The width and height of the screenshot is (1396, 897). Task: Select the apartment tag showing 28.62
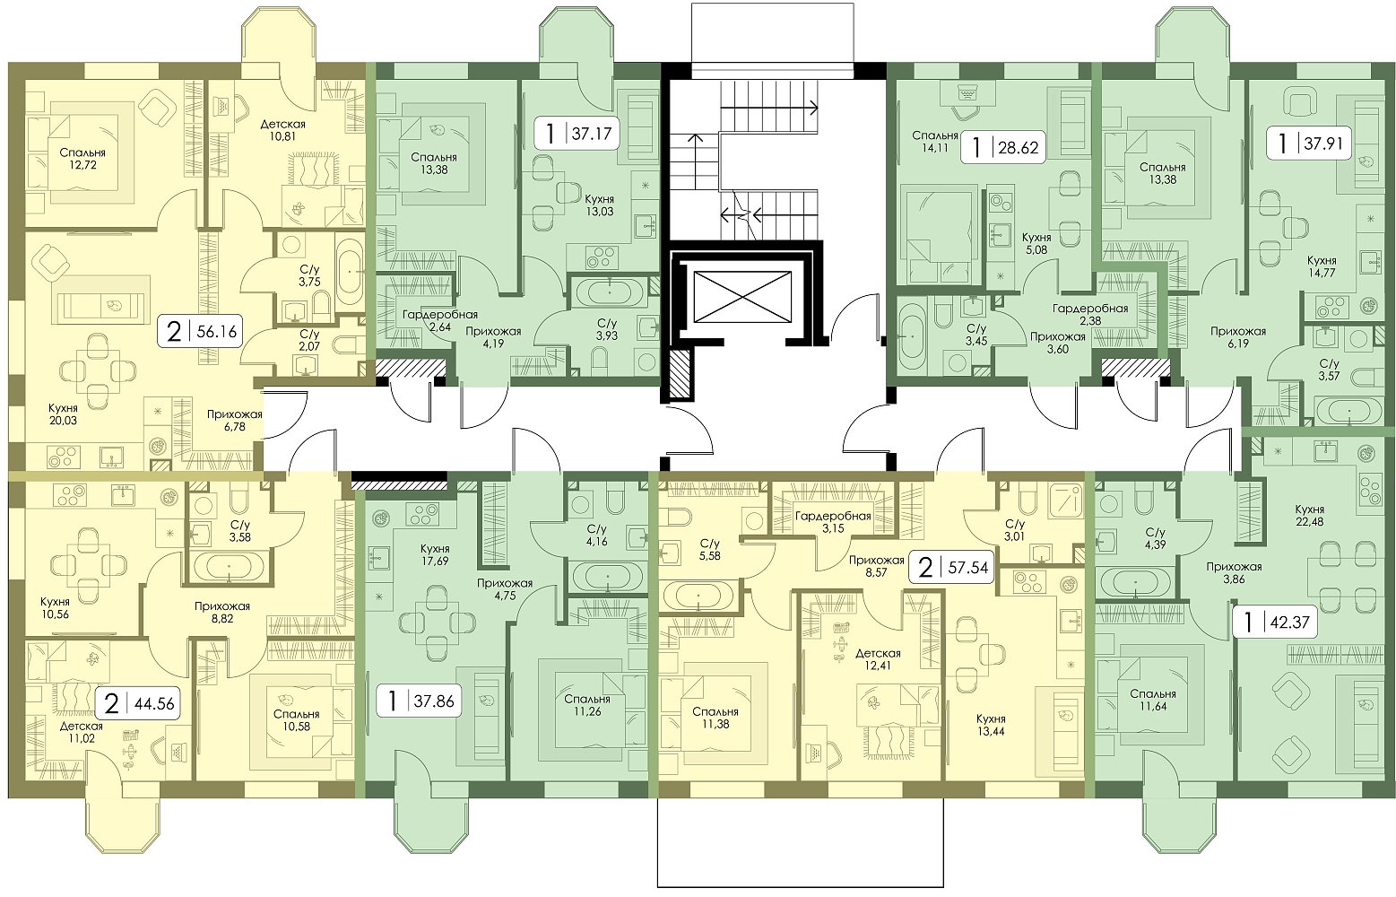click(1002, 147)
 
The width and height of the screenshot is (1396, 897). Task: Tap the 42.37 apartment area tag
click(1275, 622)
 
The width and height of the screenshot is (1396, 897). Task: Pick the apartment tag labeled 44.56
click(138, 704)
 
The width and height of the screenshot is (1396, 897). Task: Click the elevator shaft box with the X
click(742, 297)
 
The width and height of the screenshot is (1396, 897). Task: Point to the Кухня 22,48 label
click(1309, 516)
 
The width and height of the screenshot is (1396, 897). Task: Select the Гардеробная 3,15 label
click(833, 523)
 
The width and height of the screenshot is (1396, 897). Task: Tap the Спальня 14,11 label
click(934, 142)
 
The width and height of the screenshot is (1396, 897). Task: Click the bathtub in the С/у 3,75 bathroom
click(349, 273)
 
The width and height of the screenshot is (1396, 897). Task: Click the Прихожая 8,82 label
click(221, 612)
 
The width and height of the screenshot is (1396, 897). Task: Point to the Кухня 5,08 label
click(1037, 244)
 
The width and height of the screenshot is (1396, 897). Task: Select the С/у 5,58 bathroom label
click(709, 549)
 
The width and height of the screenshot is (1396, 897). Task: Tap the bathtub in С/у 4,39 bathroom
click(1136, 583)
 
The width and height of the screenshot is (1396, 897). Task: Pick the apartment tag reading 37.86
click(421, 701)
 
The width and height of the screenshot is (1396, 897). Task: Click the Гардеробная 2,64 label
click(440, 320)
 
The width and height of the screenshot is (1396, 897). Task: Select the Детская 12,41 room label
click(878, 659)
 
